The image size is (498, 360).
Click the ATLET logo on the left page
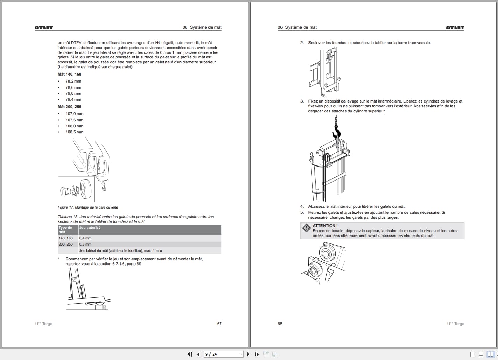[x=44, y=27]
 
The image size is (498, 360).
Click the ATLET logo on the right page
[x=455, y=27]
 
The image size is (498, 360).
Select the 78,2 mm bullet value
[x=73, y=81]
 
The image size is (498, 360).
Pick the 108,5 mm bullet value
[x=74, y=132]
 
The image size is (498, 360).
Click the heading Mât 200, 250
[x=70, y=107]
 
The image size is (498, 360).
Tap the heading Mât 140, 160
[x=70, y=74]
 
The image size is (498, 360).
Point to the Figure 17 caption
[x=88, y=207]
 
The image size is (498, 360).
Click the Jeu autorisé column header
[x=90, y=228]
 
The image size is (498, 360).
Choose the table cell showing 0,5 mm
[x=85, y=244]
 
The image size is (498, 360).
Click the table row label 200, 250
[x=65, y=244]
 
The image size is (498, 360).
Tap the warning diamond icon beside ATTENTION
[x=306, y=228]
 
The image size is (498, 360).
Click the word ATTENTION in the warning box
[x=325, y=226]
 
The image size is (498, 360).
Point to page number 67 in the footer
[x=219, y=324]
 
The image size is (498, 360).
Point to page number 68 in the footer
[x=280, y=324]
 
